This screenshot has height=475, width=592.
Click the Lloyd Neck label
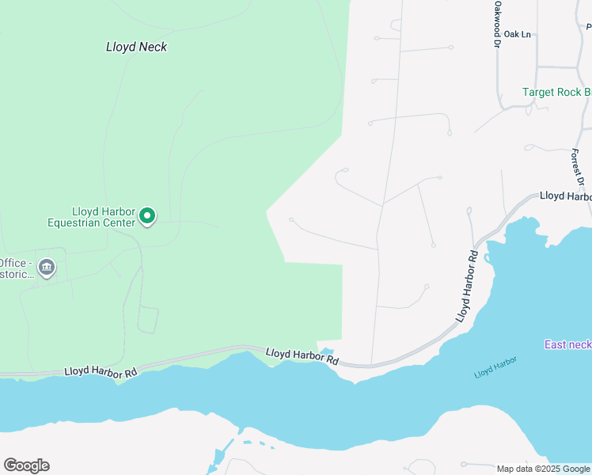coord(136,47)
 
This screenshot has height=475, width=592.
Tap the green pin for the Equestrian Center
coord(146,215)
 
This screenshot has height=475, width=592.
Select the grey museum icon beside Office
coord(47,268)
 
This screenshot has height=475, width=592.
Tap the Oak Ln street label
coord(516,34)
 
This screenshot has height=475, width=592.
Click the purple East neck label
coord(567,344)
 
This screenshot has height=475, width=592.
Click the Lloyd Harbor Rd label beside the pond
coord(302,355)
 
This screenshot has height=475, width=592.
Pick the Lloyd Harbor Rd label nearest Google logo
coord(101,370)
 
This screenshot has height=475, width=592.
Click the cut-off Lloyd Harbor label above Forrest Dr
coord(565,196)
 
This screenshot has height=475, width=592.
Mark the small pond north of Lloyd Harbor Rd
coord(326,352)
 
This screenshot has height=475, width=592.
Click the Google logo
coord(26,465)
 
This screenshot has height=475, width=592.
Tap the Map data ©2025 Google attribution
coord(543,469)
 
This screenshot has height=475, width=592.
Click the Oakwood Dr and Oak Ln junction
coord(497,35)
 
